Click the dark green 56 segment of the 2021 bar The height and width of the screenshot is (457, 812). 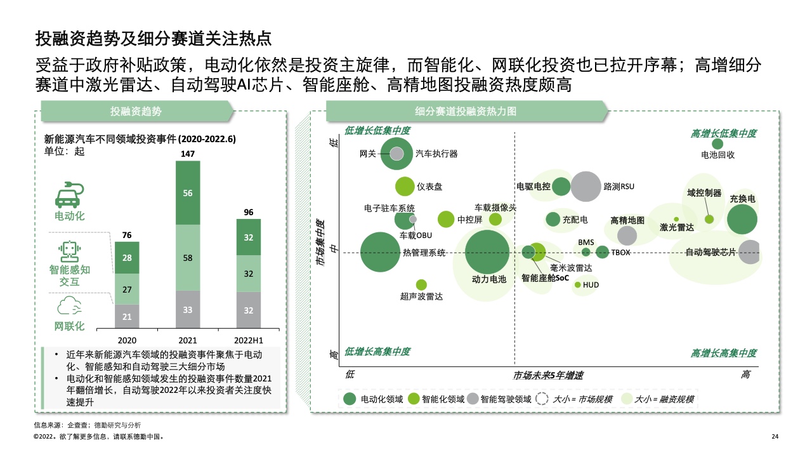188,193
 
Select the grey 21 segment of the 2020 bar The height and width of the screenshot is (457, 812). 127,316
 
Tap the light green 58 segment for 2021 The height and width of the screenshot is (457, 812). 188,258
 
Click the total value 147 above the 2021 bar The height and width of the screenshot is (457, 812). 188,154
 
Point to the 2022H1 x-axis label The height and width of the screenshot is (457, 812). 248,341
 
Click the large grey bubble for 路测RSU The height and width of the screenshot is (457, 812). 586,187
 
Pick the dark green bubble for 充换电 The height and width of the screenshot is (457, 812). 742,219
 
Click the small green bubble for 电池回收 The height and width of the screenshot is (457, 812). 717,144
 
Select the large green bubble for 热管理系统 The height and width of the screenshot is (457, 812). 380,252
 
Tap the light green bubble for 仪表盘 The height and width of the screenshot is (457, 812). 405,187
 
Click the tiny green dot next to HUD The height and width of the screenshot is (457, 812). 578,285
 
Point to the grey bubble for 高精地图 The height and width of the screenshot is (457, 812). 627,235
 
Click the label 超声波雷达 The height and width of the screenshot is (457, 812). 421,296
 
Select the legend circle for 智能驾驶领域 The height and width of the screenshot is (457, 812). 473,399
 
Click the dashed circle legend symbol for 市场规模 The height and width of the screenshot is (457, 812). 542,399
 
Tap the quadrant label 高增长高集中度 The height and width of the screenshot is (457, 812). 724,353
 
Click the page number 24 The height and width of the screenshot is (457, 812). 775,437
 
